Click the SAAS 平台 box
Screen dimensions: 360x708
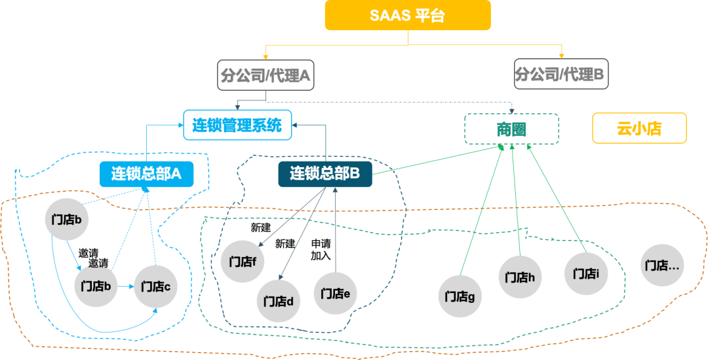pos(407,15)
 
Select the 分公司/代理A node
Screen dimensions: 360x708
pos(265,76)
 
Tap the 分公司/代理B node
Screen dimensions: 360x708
pos(560,73)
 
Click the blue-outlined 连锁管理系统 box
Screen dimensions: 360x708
pos(237,125)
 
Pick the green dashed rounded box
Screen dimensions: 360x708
pos(511,129)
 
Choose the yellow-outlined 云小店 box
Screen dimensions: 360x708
pos(639,128)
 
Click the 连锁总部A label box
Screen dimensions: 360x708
pos(146,174)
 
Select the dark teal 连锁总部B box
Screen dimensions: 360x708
pos(325,174)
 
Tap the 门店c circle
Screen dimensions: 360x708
pos(155,287)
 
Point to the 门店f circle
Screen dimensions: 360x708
pos(243,261)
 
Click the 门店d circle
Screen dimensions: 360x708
pos(278,301)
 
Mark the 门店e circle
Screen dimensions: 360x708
pos(336,292)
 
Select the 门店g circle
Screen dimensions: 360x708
pos(460,296)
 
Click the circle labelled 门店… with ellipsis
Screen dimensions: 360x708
pos(661,265)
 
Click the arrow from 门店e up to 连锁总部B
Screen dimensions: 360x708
pos(335,230)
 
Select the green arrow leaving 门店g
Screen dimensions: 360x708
pos(482,210)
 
